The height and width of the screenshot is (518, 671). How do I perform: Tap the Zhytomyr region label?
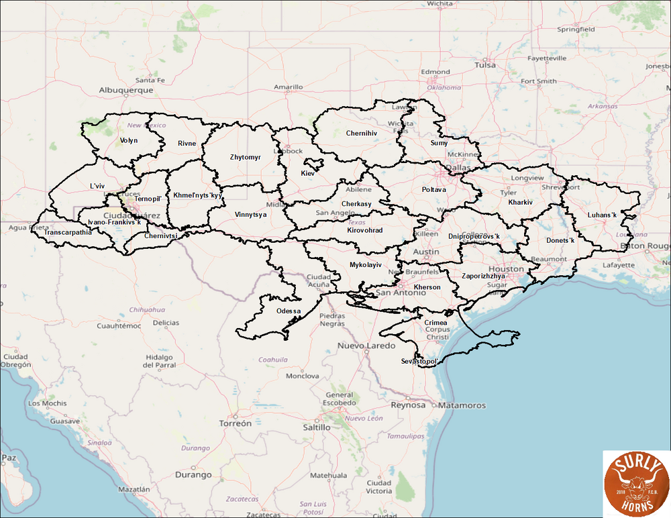coord(245,158)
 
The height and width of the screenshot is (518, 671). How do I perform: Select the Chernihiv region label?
coord(362,134)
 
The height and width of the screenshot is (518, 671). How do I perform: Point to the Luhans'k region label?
coord(601,215)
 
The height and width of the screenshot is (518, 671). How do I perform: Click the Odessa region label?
coord(289,311)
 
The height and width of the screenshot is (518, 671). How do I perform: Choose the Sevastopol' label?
coord(419,362)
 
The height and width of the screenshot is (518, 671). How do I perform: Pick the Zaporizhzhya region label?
coord(484,276)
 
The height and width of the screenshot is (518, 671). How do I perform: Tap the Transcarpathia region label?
coord(68,233)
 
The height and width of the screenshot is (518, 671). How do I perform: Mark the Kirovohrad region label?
coord(365,230)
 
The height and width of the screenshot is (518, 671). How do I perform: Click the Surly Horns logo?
coord(635,483)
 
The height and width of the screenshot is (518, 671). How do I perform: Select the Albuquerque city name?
coord(126,89)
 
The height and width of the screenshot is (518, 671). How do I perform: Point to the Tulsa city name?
coord(485,65)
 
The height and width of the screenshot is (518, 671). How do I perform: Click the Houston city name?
coord(507,268)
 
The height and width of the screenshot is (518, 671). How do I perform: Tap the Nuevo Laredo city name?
coord(366,346)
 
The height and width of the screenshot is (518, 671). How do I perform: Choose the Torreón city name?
coord(235,423)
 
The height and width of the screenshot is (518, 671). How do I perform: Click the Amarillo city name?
coord(288,87)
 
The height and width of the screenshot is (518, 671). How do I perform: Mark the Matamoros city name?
coord(462,405)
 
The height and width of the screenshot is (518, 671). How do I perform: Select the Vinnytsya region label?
coord(251,215)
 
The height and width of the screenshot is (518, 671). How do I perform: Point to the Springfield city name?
coord(576,30)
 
